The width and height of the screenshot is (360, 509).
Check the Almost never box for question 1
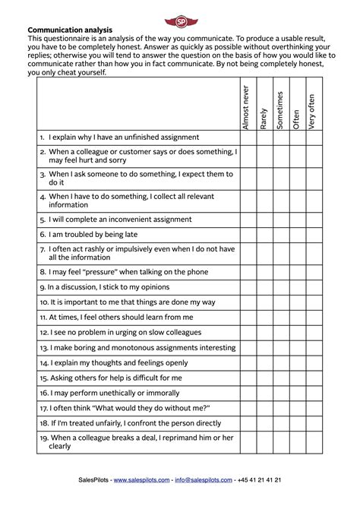248,138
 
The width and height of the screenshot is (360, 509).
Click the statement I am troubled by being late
98,235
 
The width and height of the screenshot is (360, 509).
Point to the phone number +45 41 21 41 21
258,480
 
